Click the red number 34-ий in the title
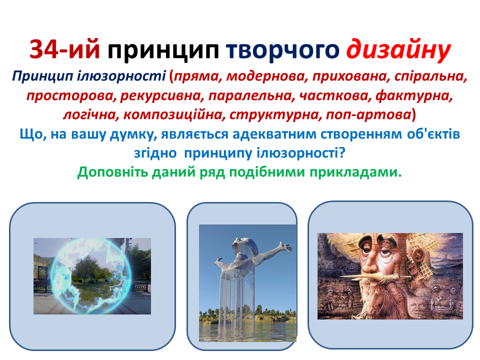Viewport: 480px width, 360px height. [x=64, y=49]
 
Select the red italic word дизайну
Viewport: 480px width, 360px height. [x=398, y=50]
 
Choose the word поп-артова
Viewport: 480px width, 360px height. [x=368, y=115]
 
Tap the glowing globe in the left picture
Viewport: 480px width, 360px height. [x=91, y=276]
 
